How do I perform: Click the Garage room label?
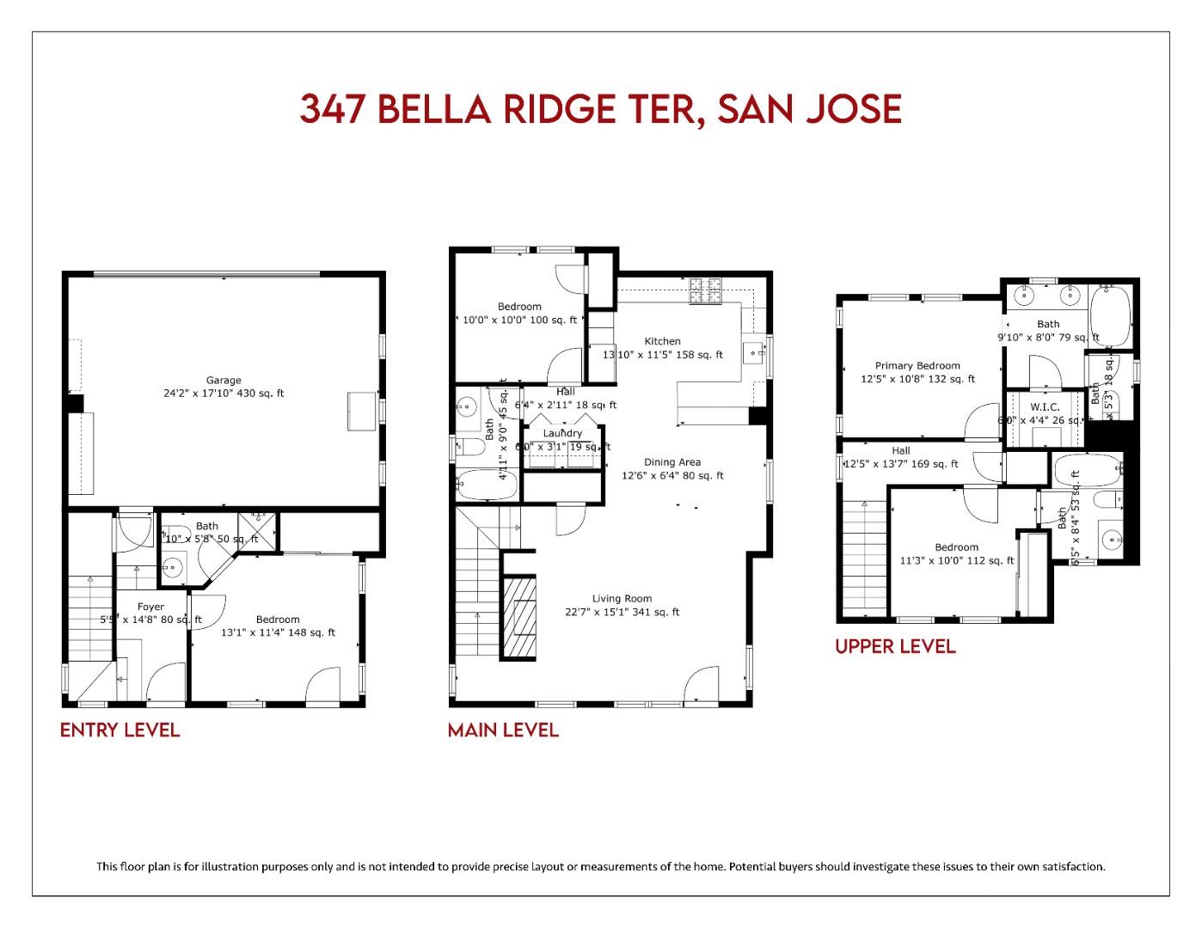224,380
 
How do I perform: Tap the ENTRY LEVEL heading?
120,730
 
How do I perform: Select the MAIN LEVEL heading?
503,730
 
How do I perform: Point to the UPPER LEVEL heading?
895,646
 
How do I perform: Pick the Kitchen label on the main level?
662,341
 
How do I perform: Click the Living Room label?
622,599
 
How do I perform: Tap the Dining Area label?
672,462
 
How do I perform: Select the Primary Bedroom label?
917,365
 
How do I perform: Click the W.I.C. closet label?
1045,406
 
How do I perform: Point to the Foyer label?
150,607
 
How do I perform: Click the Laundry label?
562,433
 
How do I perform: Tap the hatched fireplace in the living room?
518,617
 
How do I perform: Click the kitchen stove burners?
706,291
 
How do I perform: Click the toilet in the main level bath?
469,446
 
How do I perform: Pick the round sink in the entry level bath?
174,567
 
